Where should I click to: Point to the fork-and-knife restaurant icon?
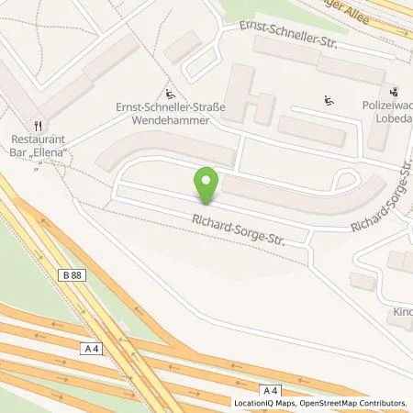[x=38, y=125]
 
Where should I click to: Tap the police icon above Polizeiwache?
[x=394, y=91]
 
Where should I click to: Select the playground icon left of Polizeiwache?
[x=329, y=100]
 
